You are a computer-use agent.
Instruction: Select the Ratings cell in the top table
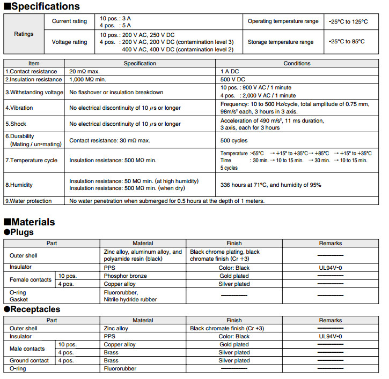24,34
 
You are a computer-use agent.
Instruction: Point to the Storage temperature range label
281,42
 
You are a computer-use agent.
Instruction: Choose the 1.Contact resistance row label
32,71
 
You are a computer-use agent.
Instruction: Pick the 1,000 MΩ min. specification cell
92,79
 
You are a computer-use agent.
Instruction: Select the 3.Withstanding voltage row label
34,92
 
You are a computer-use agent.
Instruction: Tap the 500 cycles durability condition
234,141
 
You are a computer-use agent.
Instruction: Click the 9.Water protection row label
28,201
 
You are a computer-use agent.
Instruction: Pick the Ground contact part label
30,361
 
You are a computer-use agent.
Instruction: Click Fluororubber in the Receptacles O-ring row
120,369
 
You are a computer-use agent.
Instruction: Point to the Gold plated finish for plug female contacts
234,276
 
